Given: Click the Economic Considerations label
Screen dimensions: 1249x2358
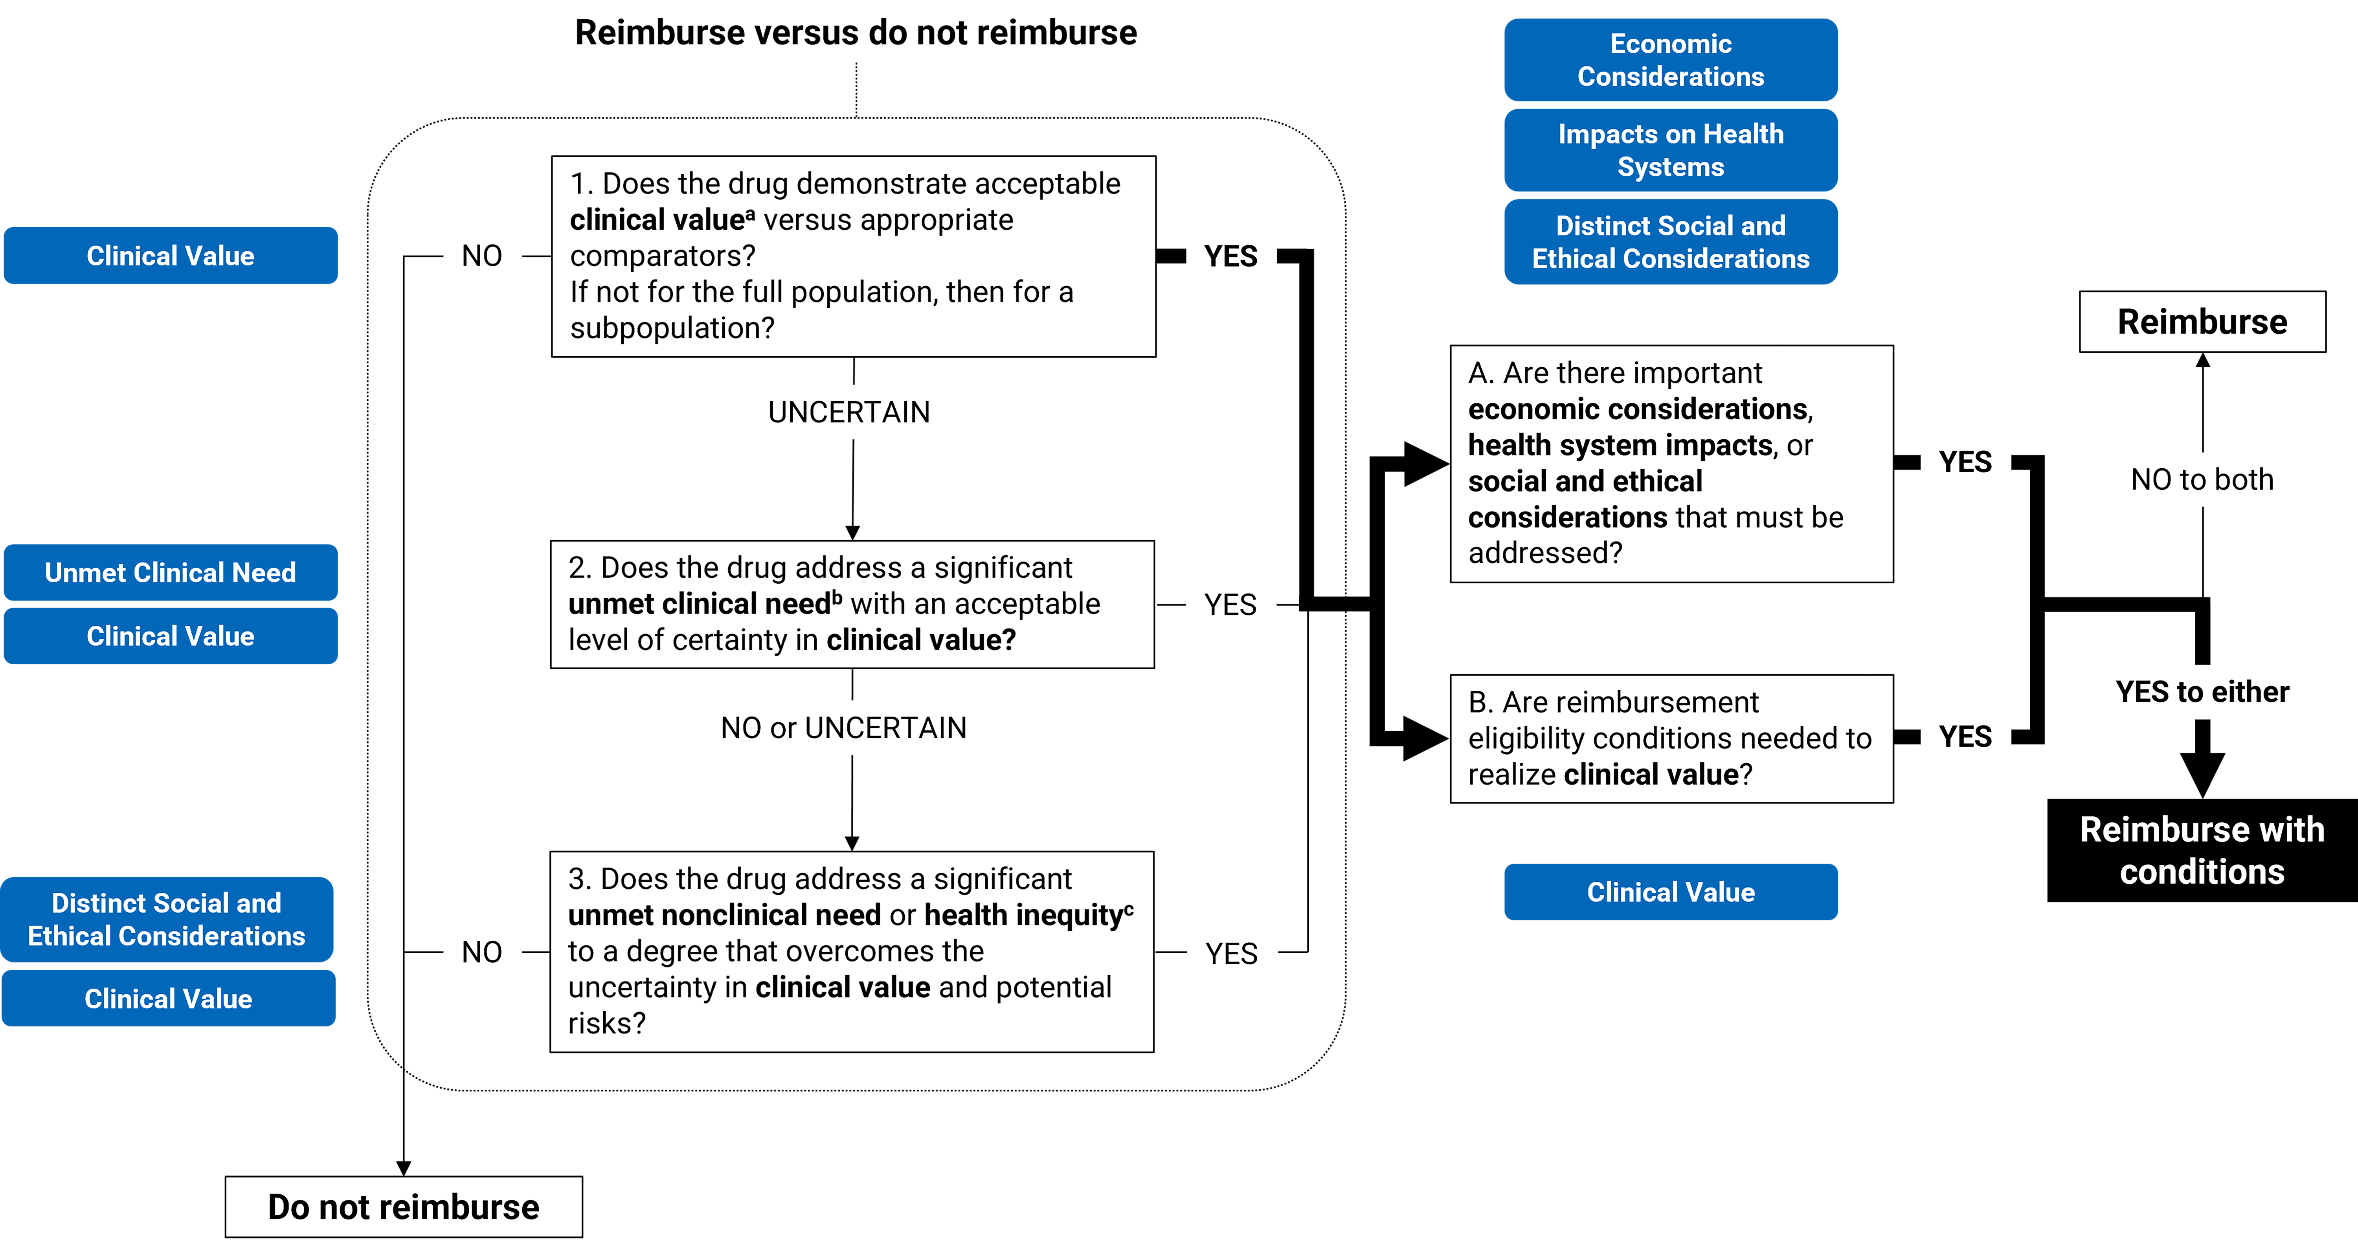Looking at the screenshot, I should (1671, 59).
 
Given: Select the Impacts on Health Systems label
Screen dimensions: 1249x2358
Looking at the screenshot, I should (1671, 150).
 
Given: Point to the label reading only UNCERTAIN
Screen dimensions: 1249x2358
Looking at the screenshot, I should (848, 413).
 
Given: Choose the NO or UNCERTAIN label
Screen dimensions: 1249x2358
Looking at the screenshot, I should (843, 728).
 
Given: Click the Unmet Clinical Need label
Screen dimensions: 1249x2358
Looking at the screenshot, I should (170, 572).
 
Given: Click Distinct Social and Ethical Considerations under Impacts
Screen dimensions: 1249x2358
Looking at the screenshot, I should (1671, 242).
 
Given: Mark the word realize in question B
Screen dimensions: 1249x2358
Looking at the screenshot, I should (1511, 775).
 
